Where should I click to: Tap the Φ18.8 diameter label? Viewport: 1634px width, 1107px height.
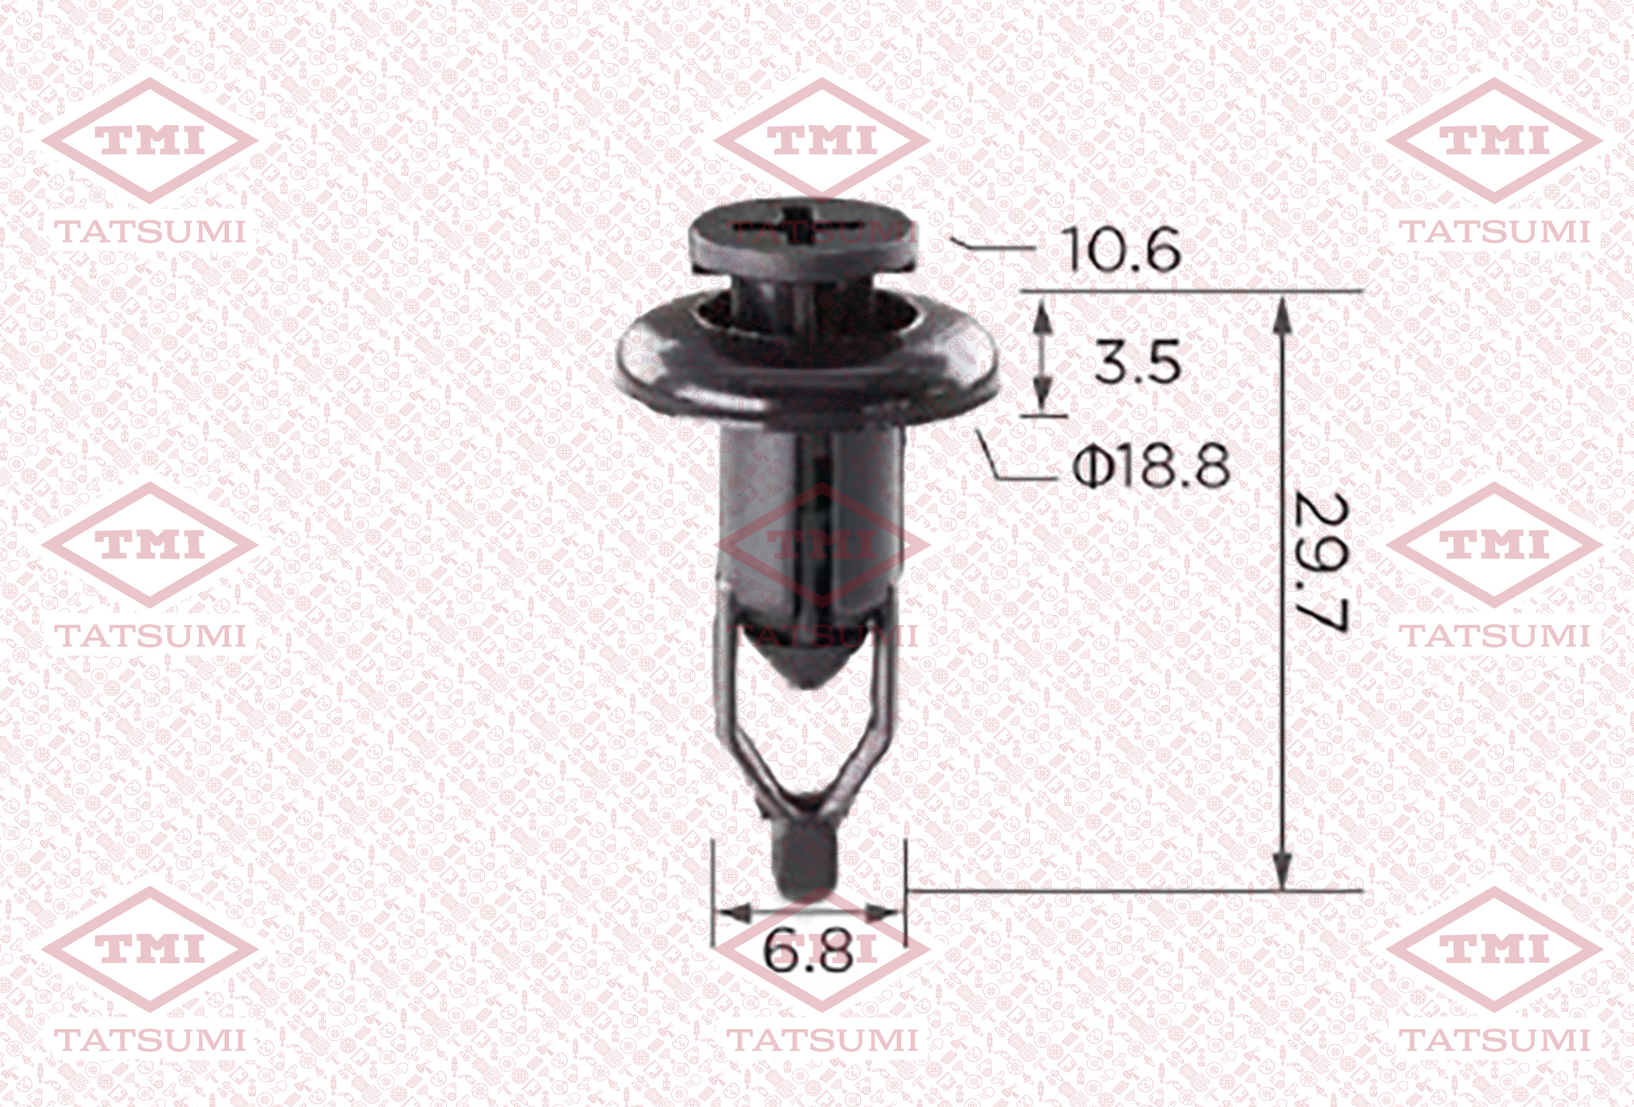coord(1152,464)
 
